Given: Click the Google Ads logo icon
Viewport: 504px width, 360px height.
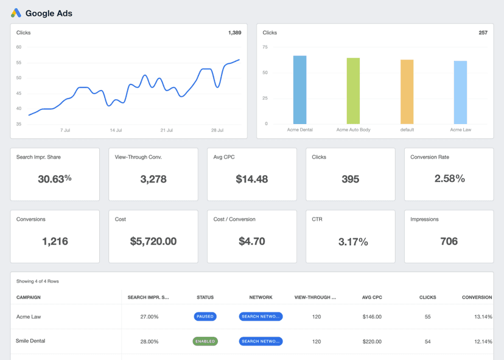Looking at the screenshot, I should point(16,13).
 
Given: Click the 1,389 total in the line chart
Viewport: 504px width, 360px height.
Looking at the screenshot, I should point(234,33).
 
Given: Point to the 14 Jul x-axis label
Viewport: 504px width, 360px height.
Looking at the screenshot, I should point(116,130).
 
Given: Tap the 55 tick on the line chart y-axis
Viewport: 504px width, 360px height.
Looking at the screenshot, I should point(19,63).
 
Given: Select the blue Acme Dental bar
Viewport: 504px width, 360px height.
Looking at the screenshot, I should point(299,90).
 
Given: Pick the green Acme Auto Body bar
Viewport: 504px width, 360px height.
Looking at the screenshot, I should point(353,91).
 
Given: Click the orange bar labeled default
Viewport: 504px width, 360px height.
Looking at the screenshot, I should point(407,92).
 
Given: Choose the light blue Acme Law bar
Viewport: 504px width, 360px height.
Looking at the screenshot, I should point(460,92).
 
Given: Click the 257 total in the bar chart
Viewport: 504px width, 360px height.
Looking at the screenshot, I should point(483,33).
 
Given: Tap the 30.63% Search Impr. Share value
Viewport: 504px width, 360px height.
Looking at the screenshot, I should point(55,179).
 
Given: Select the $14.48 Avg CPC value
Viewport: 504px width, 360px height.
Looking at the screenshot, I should point(252,179).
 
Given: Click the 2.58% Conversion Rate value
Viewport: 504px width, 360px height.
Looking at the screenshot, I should point(449,179).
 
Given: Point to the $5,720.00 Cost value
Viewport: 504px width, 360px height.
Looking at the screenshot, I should point(153,241).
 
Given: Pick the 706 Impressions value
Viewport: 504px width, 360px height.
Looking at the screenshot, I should point(449,241).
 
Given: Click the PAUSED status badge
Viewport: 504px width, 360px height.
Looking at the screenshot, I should point(205,317).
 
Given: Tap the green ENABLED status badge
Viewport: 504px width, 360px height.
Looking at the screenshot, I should point(205,341).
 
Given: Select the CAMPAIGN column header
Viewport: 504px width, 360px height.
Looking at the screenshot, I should point(29,297).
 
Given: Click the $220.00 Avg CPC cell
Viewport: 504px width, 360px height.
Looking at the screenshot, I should point(371,342).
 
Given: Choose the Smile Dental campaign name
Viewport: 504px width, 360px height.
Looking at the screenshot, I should point(30,341).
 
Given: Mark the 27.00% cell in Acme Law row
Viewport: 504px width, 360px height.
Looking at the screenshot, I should point(149,317).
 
